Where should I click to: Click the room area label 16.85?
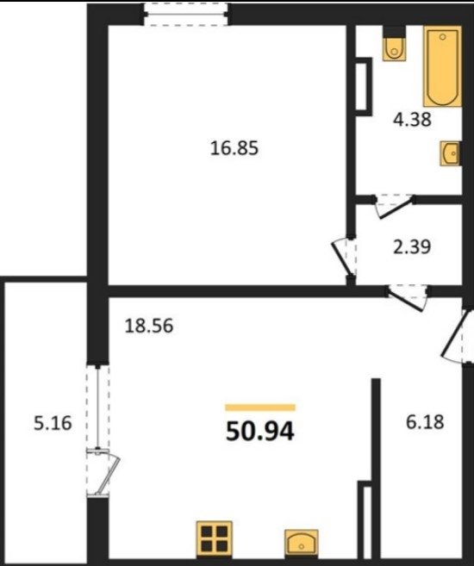pos(234,148)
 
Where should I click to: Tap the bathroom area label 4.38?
pos(412,120)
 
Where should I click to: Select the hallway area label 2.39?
pos(412,247)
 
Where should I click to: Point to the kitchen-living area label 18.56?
pos(149,326)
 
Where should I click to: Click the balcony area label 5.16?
pos(53,423)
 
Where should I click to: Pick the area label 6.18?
pos(425,422)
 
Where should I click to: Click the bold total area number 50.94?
pos(260,432)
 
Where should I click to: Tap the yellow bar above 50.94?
pos(260,407)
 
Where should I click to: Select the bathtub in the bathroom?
pos(443,66)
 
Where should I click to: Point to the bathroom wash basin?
pos(450,153)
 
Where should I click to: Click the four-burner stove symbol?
pos(214,538)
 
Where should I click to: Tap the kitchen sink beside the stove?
pos(301,543)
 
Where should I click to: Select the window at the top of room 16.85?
pos(185,14)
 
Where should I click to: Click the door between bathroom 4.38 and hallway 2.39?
pos(394,206)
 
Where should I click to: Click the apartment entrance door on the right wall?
pos(457,336)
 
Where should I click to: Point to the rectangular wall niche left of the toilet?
pos(364,87)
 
